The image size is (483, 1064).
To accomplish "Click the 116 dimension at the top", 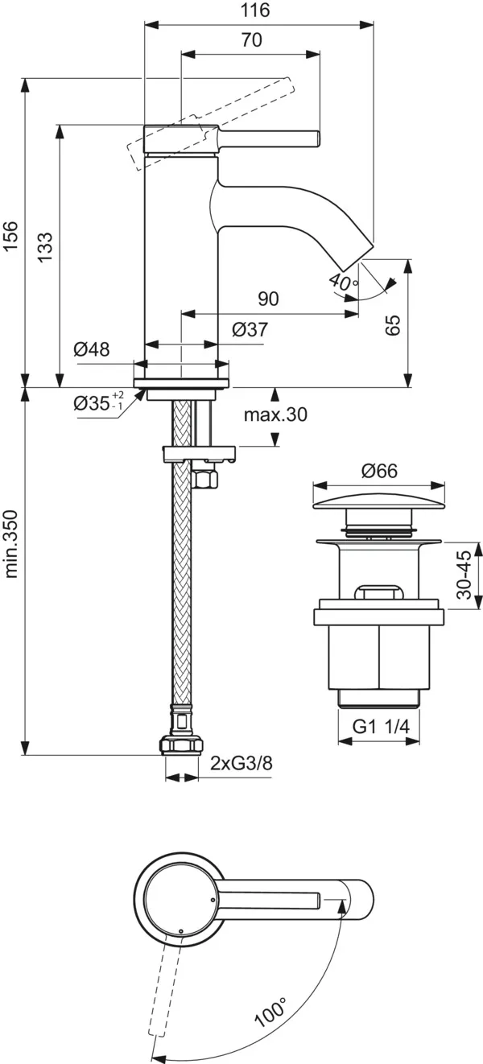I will tap(257, 10).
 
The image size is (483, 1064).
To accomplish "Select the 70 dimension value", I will tap(251, 40).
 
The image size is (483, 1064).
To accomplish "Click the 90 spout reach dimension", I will tap(268, 299).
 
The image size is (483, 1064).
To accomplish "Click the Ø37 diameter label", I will tap(250, 329).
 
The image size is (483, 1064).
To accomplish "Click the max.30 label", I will tap(275, 415).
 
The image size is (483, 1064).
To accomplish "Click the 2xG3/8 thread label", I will tap(241, 763).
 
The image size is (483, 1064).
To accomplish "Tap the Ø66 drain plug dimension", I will tap(378, 472).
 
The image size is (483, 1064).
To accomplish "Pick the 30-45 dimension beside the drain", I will tap(463, 575).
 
